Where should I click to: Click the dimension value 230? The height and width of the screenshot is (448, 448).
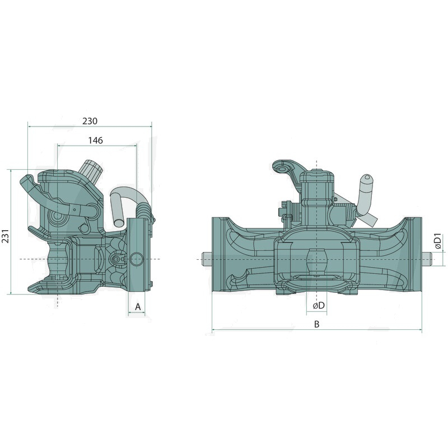90,121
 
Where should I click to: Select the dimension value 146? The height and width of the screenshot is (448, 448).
95,141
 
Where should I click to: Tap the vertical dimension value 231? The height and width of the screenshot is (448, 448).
6,236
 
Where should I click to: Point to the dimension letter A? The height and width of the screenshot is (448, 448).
138,307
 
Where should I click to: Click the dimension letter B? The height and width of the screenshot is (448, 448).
316,324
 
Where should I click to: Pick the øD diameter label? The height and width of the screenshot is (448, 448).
319,305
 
